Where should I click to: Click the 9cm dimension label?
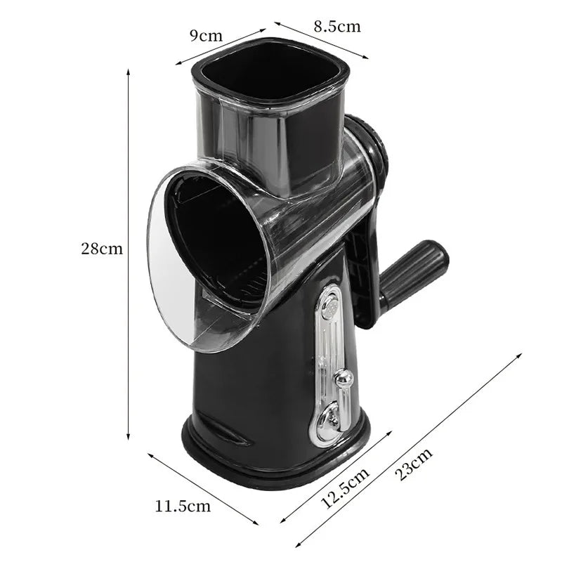tap(206, 36)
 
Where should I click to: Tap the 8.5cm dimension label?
tap(337, 27)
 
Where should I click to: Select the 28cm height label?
tap(102, 249)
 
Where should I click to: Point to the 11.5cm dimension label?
tap(183, 506)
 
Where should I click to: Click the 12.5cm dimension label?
tap(344, 488)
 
